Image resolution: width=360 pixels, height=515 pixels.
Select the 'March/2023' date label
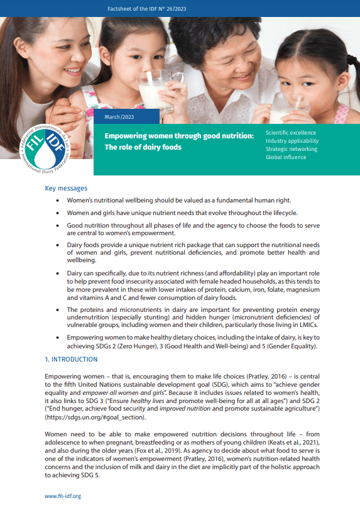119,117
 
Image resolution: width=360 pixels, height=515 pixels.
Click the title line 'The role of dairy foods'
143,147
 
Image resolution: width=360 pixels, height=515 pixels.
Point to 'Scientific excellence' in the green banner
291,133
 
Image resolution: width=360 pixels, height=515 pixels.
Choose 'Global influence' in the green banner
286,157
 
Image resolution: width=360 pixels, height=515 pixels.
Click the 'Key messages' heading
66,189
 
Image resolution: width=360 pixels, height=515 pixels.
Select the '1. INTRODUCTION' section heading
71,360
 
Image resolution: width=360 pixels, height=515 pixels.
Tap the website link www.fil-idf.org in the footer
63,496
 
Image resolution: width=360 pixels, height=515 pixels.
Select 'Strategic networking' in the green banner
291,149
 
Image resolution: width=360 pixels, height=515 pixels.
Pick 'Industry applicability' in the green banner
291,141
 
